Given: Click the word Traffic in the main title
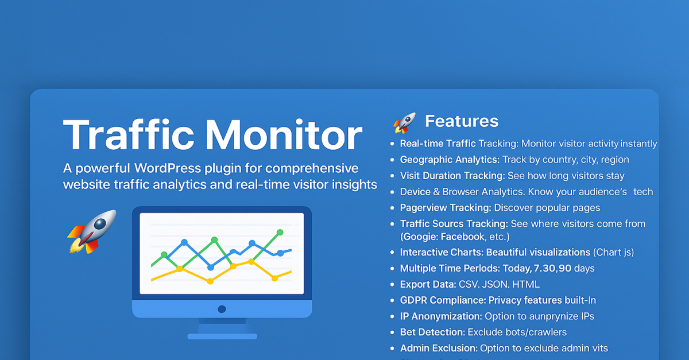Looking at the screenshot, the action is [x=128, y=135].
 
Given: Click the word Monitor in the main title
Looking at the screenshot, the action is [x=284, y=135].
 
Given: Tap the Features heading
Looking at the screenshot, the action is [x=462, y=121].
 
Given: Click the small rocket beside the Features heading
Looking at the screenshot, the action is [x=404, y=123].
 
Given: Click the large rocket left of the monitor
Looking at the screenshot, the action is [x=92, y=232].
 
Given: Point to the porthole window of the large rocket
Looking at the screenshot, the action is [x=100, y=224].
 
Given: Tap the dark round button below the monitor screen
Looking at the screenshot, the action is [x=222, y=309].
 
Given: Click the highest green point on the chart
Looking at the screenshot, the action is [x=280, y=233].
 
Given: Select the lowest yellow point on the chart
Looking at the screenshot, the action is [x=210, y=281].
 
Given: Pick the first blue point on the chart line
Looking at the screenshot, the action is [x=184, y=242].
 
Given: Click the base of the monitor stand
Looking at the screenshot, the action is [x=222, y=336].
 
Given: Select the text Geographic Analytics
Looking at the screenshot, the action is [x=450, y=160].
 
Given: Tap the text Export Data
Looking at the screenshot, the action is [x=428, y=284].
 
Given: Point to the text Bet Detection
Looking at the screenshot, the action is [x=432, y=332].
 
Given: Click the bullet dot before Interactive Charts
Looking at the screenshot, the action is [x=392, y=252].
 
